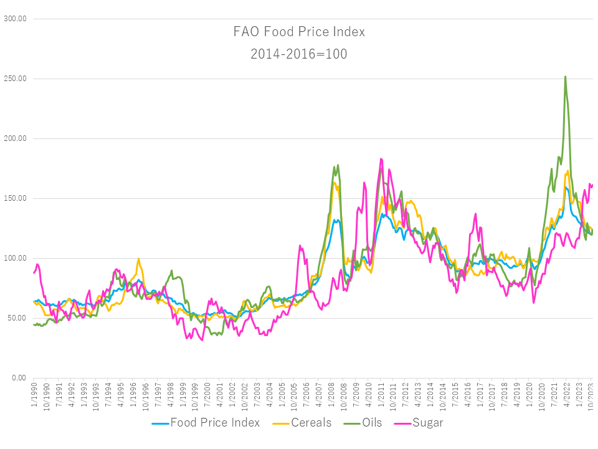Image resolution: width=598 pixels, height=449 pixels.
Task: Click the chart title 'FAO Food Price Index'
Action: [299, 32]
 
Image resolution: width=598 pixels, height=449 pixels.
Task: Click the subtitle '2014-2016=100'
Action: [299, 54]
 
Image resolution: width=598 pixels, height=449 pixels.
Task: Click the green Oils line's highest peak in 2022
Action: [565, 77]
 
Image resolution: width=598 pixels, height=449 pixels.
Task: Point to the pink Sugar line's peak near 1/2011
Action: [381, 159]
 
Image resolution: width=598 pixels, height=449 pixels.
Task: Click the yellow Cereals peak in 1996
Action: [138, 258]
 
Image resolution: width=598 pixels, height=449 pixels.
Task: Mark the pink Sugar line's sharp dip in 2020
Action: [534, 302]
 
